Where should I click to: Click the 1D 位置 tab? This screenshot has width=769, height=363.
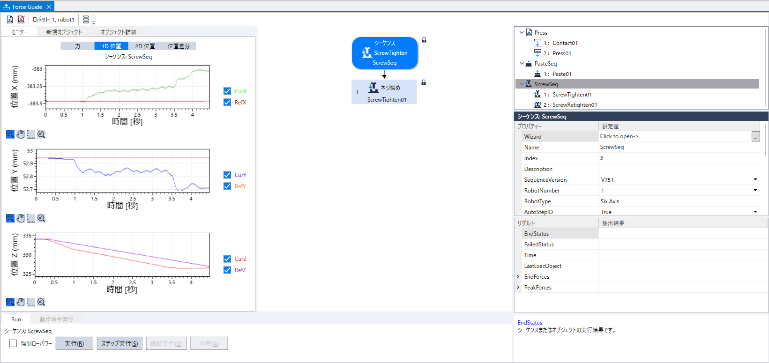point(112,46)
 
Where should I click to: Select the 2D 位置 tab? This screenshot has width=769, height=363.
point(145,46)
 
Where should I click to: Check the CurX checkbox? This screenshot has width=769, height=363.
point(227,91)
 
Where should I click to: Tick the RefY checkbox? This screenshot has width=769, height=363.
point(227,186)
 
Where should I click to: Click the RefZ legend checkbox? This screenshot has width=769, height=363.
point(227,270)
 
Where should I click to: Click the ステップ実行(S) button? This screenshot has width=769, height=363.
point(119,343)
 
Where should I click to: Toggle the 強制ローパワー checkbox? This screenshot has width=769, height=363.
point(13,343)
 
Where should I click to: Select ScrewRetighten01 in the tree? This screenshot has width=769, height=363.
point(574,105)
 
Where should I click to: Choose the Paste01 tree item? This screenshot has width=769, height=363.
point(561,74)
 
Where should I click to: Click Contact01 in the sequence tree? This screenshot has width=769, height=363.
point(565,43)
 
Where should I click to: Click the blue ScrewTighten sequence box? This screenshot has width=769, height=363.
point(384,53)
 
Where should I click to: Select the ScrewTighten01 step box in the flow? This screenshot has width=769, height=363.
point(384,92)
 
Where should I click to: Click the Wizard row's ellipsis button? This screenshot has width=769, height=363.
point(755,137)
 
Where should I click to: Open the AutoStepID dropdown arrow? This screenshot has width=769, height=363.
point(755,212)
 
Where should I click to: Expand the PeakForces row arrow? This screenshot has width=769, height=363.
point(518,287)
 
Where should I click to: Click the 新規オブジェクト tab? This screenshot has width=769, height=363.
point(64,32)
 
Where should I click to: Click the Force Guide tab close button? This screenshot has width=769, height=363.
point(49,7)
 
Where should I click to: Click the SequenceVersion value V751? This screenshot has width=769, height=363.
point(607,180)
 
